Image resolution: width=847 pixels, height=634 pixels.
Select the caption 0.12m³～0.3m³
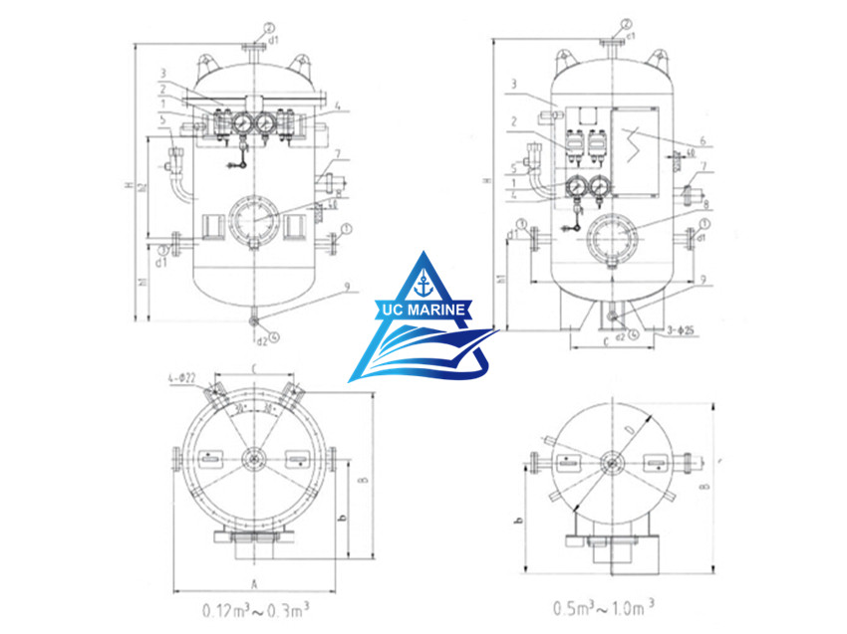pos(255,607)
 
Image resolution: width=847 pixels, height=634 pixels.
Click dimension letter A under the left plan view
pos(254,583)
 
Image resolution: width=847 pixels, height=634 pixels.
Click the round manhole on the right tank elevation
pos(609,238)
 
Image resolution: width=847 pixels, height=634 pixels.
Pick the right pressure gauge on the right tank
pos(600,186)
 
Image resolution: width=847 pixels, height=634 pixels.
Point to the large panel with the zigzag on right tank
pos(635,149)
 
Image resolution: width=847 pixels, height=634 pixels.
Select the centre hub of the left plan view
pos(254,459)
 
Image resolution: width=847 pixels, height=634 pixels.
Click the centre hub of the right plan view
pos(609,461)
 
